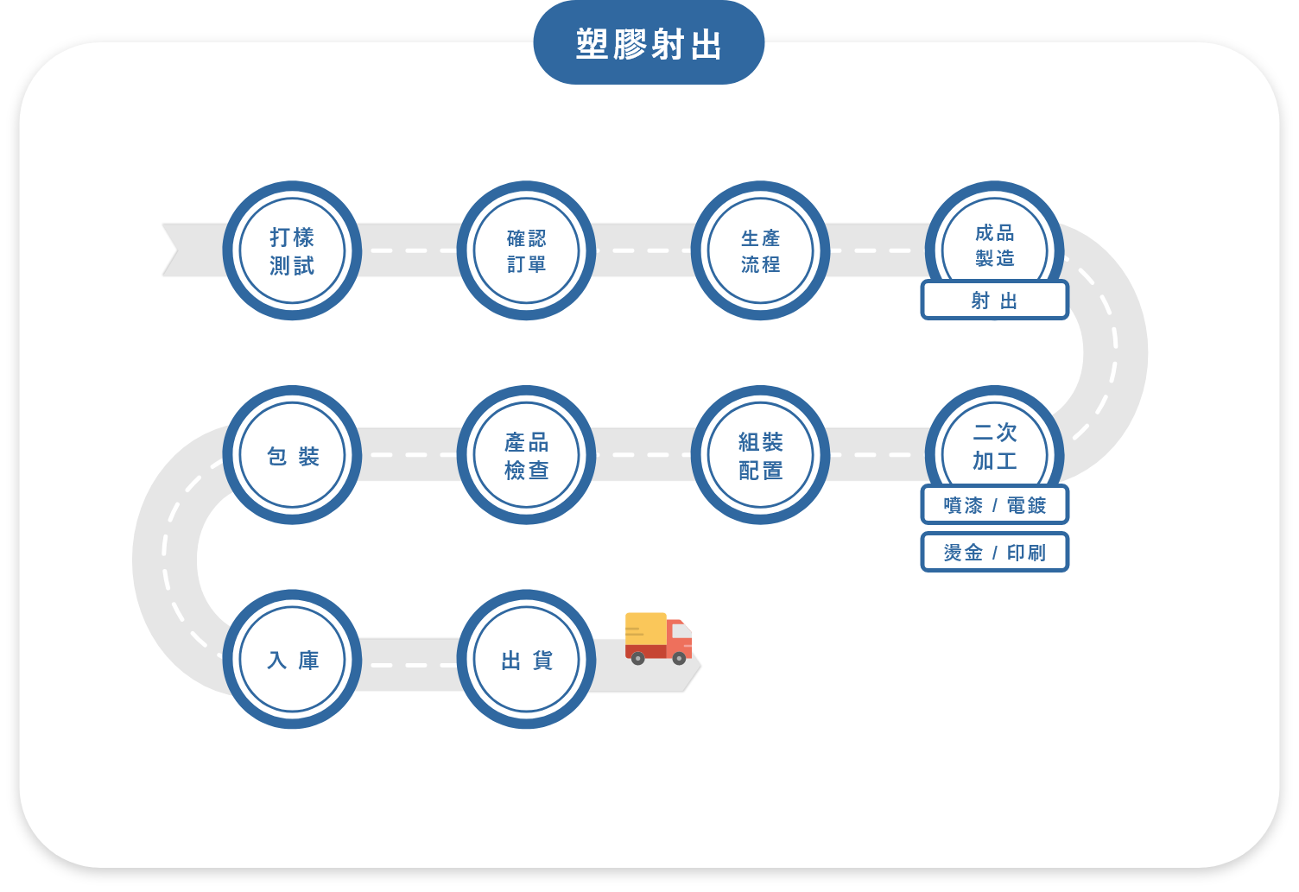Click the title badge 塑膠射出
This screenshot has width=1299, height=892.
(649, 44)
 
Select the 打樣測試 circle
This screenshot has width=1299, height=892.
(292, 250)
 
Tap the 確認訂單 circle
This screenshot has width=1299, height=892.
(526, 250)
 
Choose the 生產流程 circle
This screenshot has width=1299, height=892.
(760, 250)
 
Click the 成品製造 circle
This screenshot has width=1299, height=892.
(994, 242)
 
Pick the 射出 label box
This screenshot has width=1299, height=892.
(994, 300)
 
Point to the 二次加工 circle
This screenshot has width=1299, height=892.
(994, 445)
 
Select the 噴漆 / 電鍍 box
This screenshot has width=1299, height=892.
(994, 505)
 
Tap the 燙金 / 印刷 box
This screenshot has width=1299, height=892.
(994, 552)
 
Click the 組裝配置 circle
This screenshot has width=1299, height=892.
(760, 455)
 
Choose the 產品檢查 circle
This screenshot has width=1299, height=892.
(526, 455)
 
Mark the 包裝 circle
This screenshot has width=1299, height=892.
(292, 455)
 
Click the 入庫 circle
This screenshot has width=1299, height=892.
(292, 660)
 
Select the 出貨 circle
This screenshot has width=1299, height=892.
(526, 660)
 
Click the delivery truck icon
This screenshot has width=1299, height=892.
(658, 639)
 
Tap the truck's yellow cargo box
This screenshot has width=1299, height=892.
(645, 629)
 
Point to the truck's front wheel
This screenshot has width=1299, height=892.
(679, 658)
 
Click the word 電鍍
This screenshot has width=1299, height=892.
(1026, 505)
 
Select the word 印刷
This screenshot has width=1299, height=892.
(1026, 552)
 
